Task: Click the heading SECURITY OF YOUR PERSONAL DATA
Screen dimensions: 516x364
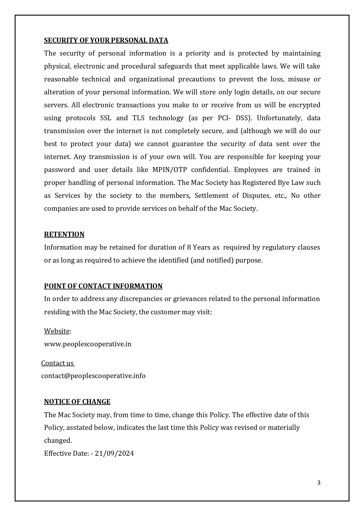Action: coord(106,40)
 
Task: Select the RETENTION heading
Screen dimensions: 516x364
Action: coord(64,234)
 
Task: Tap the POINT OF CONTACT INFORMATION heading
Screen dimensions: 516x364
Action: coord(103,286)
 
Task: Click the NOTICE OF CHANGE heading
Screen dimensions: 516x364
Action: coord(77,402)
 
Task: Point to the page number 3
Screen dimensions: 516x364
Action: coord(319,482)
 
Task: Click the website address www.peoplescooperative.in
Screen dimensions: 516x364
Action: coord(87,344)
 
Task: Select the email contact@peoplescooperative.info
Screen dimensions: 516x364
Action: coord(93,376)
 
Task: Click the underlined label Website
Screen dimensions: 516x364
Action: coord(57,331)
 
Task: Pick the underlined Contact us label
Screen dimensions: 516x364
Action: coord(57,363)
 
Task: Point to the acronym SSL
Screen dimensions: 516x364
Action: coord(106,118)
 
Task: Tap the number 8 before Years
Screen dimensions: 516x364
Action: coord(189,247)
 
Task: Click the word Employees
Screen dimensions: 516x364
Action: coord(251,170)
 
